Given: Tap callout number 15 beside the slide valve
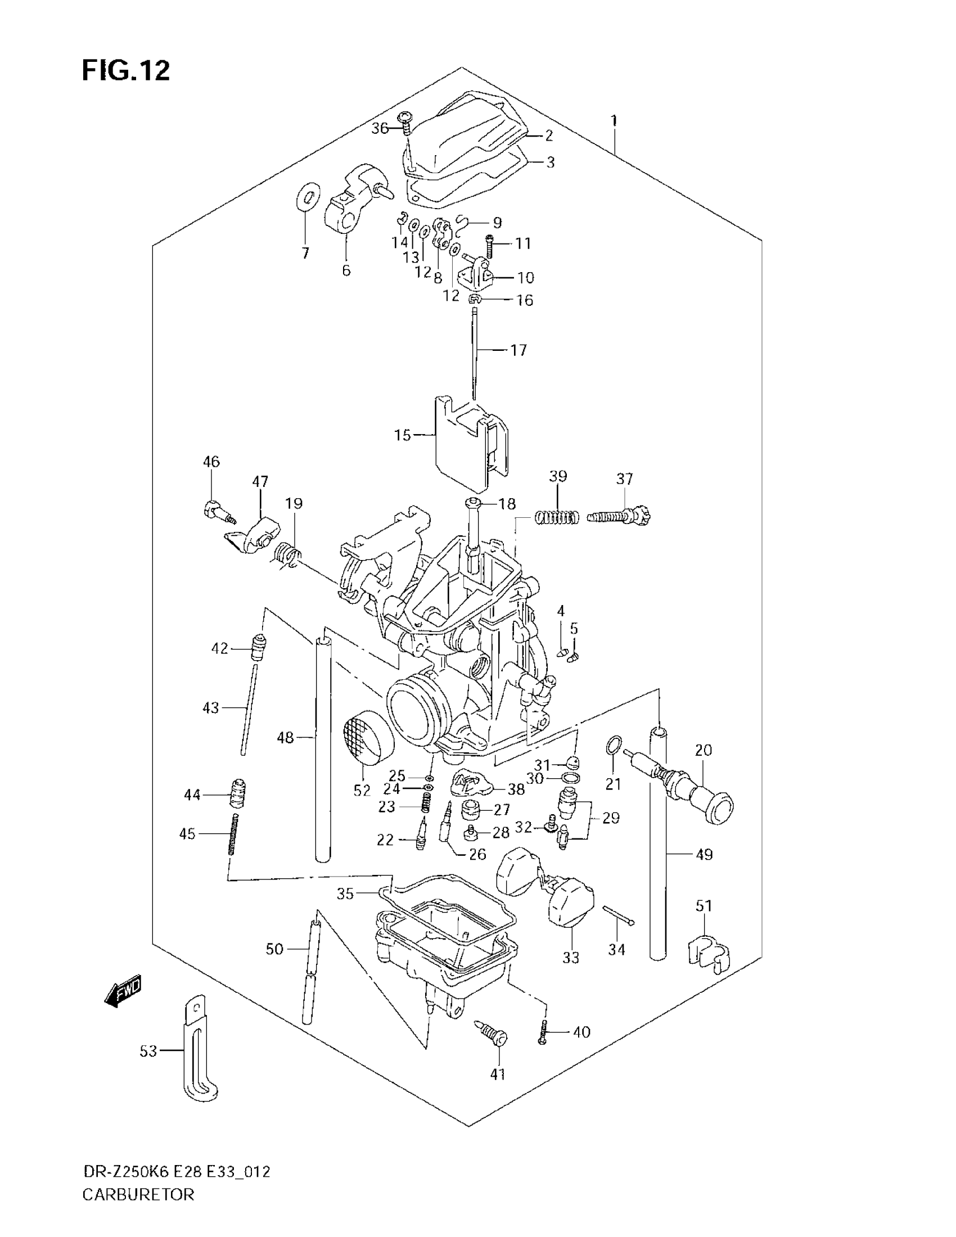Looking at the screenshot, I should [x=402, y=435].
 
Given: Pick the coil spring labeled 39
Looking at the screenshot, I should [x=557, y=517].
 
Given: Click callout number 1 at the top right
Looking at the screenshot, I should [x=614, y=120].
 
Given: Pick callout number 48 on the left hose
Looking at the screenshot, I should [x=285, y=738].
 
